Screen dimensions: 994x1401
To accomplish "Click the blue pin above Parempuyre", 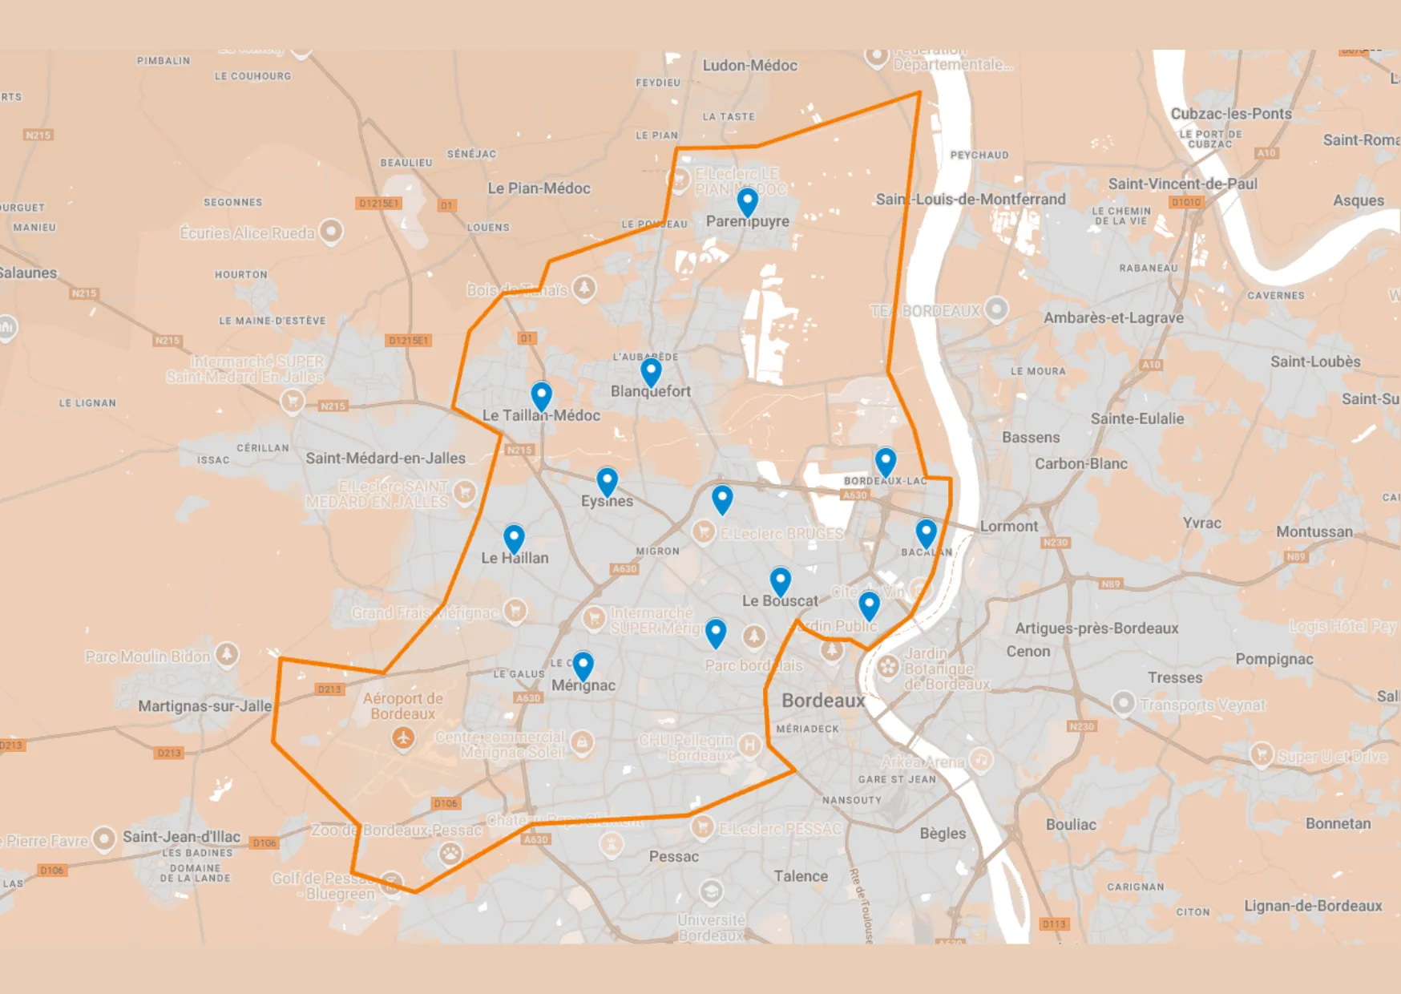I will point(747,201).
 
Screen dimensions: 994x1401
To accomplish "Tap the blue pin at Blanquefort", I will point(651,371).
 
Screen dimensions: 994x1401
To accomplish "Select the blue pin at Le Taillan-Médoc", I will point(542,395).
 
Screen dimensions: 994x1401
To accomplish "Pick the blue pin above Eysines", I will point(607,481).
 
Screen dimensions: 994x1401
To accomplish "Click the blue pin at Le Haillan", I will point(514,538).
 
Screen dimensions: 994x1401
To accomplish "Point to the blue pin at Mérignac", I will point(583,665).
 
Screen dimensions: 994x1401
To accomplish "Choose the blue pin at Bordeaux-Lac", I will point(885,461).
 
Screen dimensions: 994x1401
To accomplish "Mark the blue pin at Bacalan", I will point(926,532).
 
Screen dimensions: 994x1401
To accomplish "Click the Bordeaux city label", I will point(823,701).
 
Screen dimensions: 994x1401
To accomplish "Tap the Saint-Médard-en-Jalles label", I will point(386,459).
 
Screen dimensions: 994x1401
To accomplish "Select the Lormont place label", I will point(1008,527).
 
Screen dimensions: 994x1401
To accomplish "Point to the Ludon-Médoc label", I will point(749,66).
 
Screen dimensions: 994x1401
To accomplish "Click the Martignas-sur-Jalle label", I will point(205,706).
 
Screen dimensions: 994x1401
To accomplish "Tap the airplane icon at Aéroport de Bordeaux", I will point(403,737).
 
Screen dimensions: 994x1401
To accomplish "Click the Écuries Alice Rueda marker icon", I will point(331,232).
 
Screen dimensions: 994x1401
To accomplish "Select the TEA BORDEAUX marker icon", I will point(996,309).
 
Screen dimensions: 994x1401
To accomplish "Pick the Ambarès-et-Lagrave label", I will point(1113,318).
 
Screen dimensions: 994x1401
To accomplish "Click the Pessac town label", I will point(673,857).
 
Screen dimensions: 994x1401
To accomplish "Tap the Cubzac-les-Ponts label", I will point(1231,114).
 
